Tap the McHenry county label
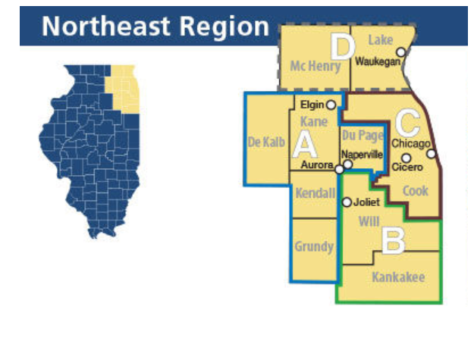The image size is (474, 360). (x=315, y=67)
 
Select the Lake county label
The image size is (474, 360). (x=380, y=39)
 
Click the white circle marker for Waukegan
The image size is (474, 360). (x=402, y=52)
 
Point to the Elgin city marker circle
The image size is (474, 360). (x=331, y=105)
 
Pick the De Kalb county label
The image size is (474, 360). (x=266, y=142)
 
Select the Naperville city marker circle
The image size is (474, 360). (x=348, y=164)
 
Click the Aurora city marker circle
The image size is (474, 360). (x=339, y=169)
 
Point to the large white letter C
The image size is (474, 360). (x=408, y=122)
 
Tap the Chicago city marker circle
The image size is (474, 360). (x=431, y=153)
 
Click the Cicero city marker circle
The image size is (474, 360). (x=406, y=158)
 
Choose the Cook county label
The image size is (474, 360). (x=416, y=191)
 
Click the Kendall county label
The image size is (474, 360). (x=315, y=193)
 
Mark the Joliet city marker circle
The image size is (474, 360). (x=347, y=202)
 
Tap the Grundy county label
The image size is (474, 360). (x=314, y=246)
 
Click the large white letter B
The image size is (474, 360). (x=394, y=241)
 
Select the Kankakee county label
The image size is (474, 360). (x=398, y=277)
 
